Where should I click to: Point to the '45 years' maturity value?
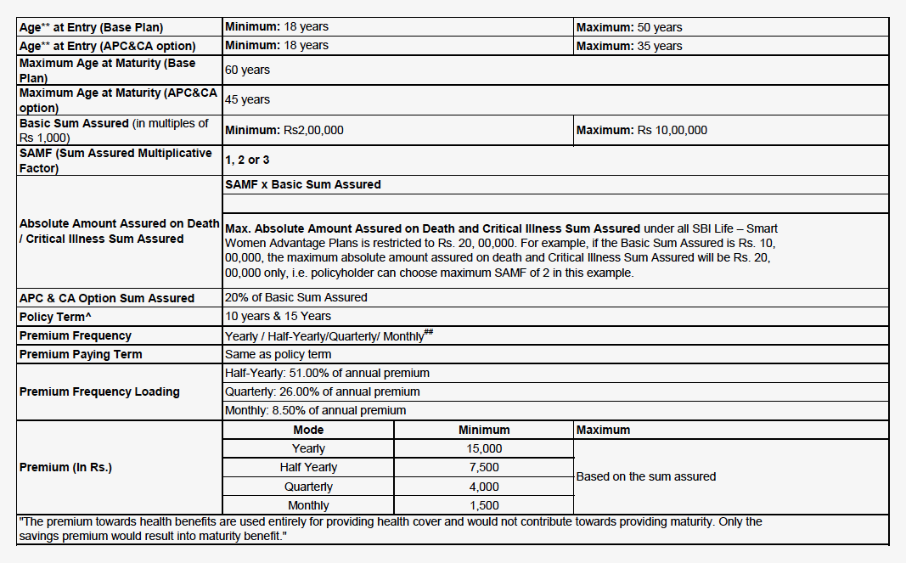247,99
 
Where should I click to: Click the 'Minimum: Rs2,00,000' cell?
284,130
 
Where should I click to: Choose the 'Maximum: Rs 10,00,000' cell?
641,130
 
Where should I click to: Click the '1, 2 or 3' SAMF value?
247,160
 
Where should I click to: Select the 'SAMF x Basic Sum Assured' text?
302,184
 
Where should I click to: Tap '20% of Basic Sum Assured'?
295,297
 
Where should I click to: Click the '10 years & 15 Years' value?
278,316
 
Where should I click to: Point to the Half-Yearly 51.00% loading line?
327,373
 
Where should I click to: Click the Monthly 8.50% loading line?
315,410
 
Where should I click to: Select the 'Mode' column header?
308,430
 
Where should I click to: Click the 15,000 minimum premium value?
484,448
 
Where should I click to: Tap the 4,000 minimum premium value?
484,487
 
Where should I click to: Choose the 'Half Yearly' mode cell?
308,467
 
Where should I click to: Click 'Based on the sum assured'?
645,476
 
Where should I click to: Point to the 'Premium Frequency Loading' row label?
99,391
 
